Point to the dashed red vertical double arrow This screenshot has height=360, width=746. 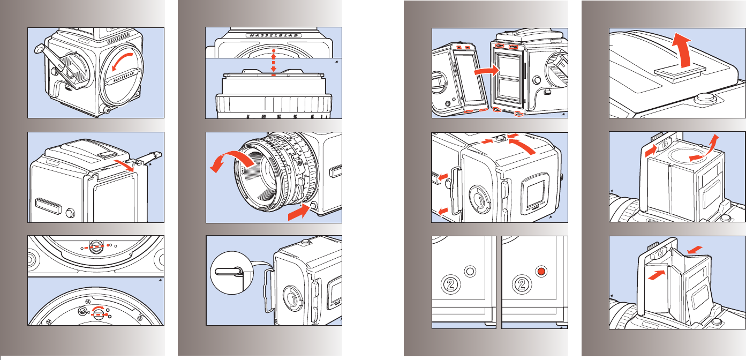(x=274, y=63)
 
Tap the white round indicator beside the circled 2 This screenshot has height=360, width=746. (x=471, y=272)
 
